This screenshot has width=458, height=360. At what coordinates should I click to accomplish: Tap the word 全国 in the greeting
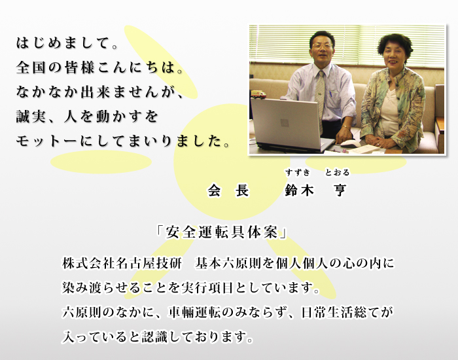(x=30, y=67)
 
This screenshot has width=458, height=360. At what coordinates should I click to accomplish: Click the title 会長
(x=228, y=191)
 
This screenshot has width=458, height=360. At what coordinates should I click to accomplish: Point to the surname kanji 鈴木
(x=299, y=191)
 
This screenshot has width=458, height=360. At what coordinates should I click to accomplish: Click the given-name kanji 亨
(x=340, y=191)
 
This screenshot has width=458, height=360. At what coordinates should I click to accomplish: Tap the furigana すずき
(x=298, y=173)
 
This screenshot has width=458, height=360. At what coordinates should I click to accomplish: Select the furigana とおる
(x=337, y=173)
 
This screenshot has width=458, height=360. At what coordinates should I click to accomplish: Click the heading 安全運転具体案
(x=222, y=233)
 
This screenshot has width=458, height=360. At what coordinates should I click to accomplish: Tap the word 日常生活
(x=326, y=312)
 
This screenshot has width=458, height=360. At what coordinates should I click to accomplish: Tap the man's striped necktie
(x=321, y=96)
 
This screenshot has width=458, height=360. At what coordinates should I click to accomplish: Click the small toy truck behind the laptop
(x=258, y=94)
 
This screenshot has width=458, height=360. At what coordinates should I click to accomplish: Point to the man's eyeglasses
(x=322, y=46)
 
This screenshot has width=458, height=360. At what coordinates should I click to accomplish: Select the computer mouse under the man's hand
(x=351, y=143)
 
